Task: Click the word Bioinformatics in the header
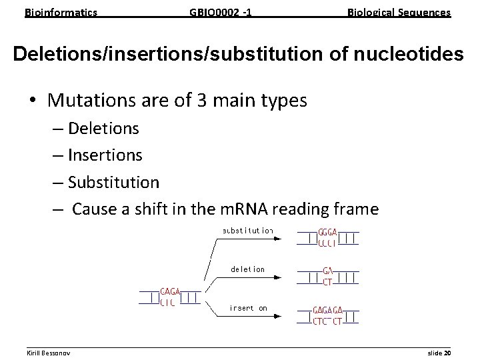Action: pyautogui.click(x=61, y=12)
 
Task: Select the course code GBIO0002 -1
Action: pyautogui.click(x=221, y=12)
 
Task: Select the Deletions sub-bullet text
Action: pyautogui.click(x=103, y=127)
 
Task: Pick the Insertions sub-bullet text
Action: pyautogui.click(x=105, y=155)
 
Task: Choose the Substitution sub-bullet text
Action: pyautogui.click(x=114, y=182)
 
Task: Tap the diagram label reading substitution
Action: pyautogui.click(x=247, y=231)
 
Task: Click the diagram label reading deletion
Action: pyautogui.click(x=247, y=269)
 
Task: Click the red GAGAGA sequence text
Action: pyautogui.click(x=329, y=311)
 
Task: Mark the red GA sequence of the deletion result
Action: pyautogui.click(x=328, y=271)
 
